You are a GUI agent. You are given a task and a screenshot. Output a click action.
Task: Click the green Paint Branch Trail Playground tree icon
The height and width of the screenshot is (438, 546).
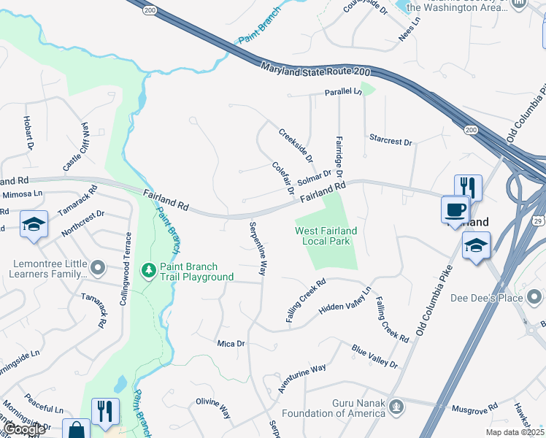(149, 271)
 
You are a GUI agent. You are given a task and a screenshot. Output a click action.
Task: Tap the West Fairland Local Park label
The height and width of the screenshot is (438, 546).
(326, 236)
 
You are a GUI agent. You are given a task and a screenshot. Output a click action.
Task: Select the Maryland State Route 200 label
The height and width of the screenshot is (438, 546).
(317, 71)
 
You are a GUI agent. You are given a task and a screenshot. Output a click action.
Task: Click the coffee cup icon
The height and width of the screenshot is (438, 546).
(455, 210)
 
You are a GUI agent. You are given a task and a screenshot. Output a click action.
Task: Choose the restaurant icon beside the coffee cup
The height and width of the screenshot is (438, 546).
(468, 188)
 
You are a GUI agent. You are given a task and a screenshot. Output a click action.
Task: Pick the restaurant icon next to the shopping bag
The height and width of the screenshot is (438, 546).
(105, 411)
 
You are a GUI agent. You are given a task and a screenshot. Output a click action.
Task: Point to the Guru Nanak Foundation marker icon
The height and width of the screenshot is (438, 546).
(396, 405)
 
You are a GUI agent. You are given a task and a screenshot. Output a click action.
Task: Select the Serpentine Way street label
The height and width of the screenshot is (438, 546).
(258, 248)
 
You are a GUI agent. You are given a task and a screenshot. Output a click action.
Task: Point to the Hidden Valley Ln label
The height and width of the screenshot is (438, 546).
(345, 301)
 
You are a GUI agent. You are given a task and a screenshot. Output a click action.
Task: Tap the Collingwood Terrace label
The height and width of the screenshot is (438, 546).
(128, 269)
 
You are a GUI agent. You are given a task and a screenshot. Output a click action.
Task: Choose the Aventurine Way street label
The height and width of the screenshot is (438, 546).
(302, 378)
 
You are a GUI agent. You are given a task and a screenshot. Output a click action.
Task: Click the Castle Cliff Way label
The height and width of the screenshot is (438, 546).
(75, 147)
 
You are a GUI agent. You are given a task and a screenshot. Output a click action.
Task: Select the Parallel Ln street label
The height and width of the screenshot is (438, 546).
(343, 92)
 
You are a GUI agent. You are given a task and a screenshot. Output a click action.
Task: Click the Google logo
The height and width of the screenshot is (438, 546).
(23, 429)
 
